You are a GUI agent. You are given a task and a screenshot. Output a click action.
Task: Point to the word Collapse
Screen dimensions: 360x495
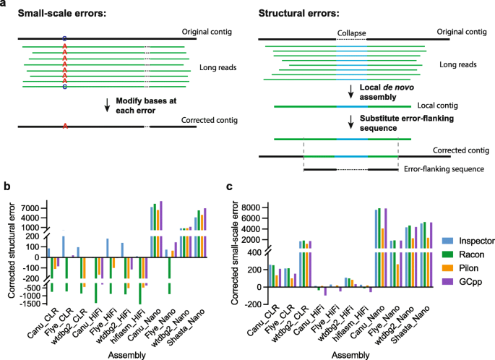pos(350,33)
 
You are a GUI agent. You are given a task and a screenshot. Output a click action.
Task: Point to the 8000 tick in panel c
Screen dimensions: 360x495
pos(262,207)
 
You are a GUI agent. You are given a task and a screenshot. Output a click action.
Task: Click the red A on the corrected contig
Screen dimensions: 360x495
pos(65,127)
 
